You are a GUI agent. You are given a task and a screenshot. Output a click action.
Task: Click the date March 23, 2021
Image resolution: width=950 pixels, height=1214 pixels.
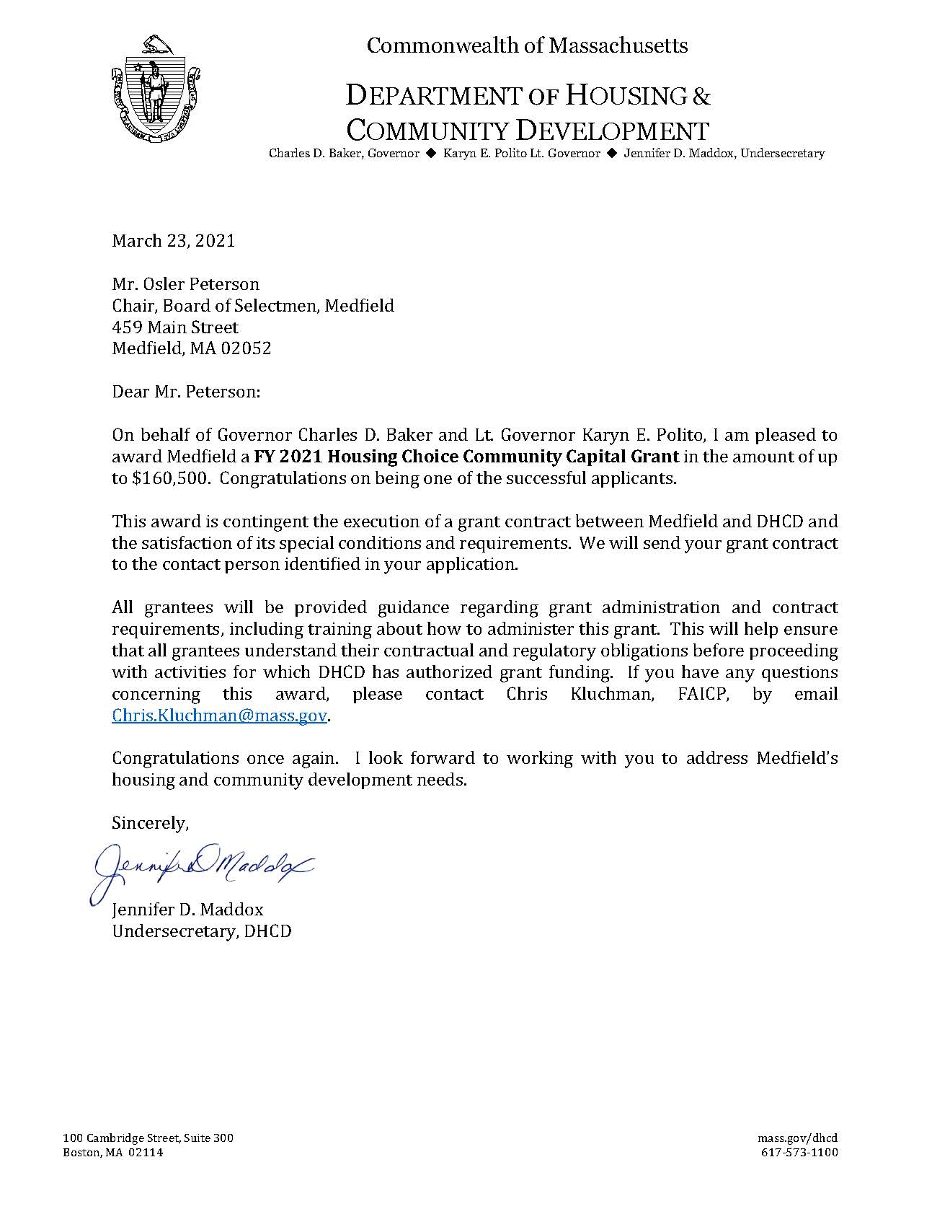click(173, 241)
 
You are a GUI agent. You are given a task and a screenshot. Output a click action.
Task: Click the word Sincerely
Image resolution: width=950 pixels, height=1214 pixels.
click(150, 823)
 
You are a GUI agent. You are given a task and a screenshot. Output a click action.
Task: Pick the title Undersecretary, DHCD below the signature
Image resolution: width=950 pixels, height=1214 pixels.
click(202, 931)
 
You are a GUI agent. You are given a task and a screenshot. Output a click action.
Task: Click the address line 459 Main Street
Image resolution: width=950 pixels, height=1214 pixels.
click(175, 327)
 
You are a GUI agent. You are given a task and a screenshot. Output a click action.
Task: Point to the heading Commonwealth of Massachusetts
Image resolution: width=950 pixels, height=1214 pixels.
click(527, 46)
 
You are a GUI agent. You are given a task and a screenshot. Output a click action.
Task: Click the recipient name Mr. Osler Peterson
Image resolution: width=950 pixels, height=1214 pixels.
click(185, 284)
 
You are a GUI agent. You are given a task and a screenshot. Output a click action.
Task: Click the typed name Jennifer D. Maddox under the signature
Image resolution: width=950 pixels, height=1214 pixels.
click(187, 910)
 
